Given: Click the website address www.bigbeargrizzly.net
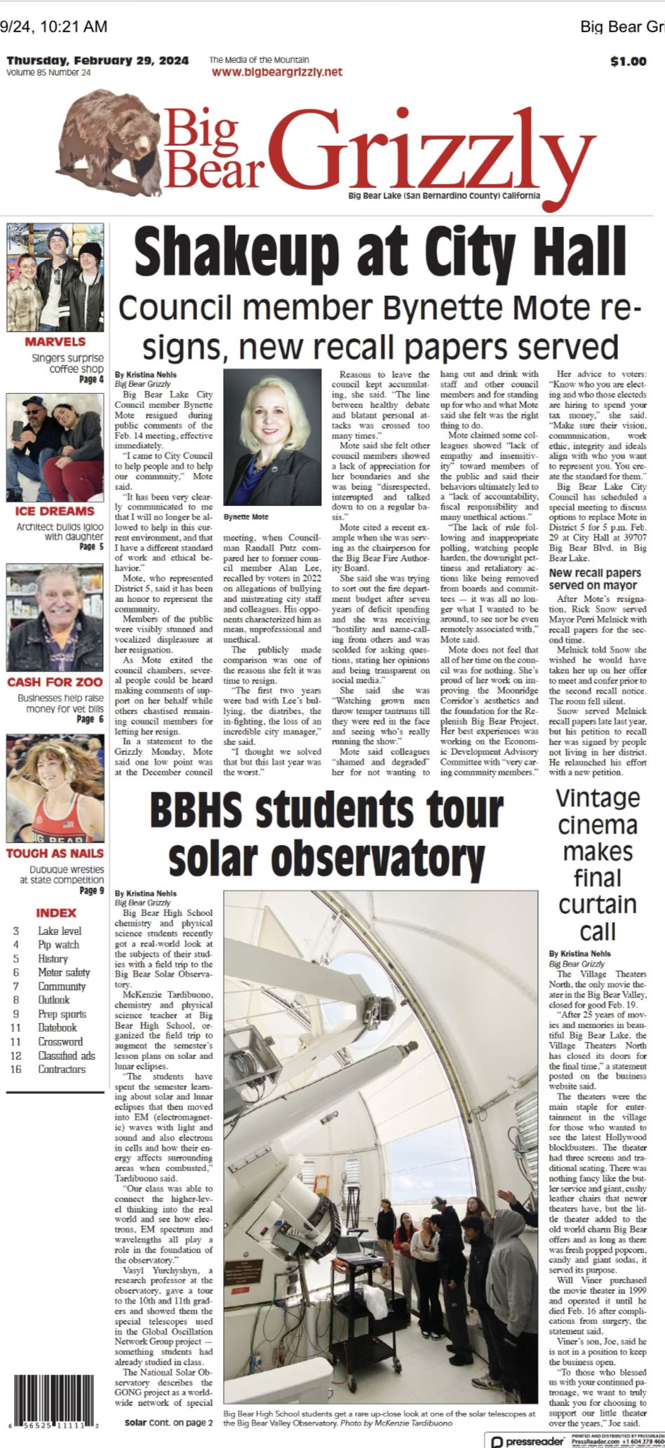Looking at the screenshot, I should (x=276, y=71).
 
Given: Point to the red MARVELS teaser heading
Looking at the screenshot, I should (x=55, y=341).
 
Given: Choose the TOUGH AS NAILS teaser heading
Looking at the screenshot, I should (x=55, y=853).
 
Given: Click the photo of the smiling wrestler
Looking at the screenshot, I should (x=55, y=788).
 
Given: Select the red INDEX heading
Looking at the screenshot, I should (x=56, y=913).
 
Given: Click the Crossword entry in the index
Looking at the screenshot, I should (x=60, y=1041).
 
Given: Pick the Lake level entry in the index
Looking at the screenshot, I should (x=60, y=931).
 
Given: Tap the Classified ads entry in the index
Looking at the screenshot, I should (x=67, y=1055).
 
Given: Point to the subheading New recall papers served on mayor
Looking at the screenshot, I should (x=593, y=579).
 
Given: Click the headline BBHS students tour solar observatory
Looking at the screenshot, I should (x=326, y=834).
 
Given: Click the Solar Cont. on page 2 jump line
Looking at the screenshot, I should (x=168, y=1422).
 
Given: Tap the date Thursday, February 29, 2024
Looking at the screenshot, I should (x=98, y=61).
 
